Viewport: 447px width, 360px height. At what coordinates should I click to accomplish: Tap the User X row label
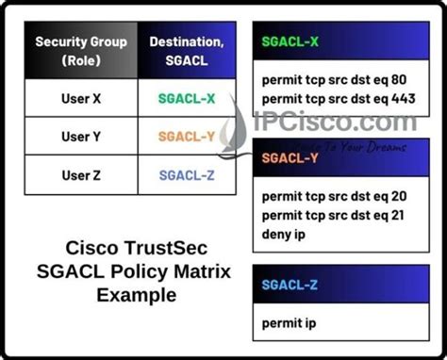click(83, 98)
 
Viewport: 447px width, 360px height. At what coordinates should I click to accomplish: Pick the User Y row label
click(83, 137)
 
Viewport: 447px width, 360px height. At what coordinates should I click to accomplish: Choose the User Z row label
click(83, 174)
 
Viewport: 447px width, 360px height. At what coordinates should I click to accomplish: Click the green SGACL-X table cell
click(185, 98)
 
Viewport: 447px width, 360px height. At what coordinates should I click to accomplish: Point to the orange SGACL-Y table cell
click(185, 137)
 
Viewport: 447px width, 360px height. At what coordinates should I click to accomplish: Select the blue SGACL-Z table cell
click(185, 174)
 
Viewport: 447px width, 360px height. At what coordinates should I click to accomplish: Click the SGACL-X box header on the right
click(290, 42)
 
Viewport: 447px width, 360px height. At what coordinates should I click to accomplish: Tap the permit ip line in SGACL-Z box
click(289, 323)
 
